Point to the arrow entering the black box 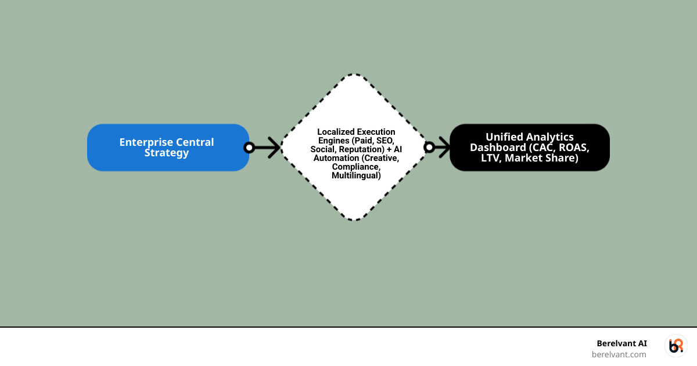tap(443, 148)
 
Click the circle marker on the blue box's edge tap(249, 148)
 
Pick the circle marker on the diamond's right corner tap(429, 148)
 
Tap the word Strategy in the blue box tap(167, 153)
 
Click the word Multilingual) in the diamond tap(356, 175)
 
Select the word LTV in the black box tap(491, 158)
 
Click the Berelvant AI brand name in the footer tap(621, 343)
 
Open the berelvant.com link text tap(619, 354)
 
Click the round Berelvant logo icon tap(676, 346)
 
